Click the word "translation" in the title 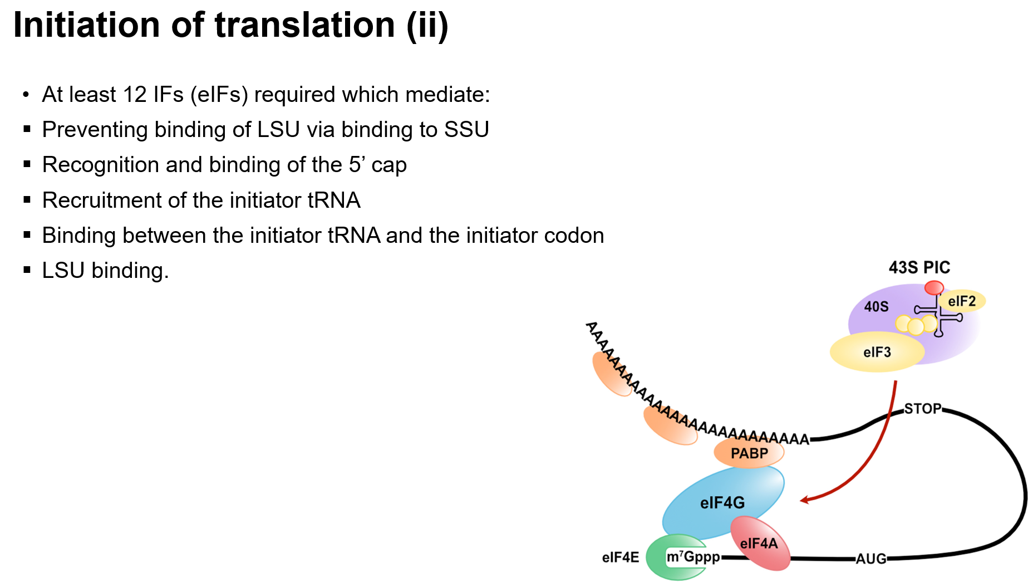[x=304, y=26]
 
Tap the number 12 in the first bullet [x=135, y=95]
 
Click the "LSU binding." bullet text [x=105, y=271]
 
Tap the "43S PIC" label [x=919, y=268]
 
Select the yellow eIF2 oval [x=962, y=301]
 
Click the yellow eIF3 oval [x=877, y=352]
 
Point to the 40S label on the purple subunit [x=876, y=307]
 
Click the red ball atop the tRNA [x=934, y=288]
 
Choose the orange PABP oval [x=749, y=453]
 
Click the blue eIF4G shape [x=722, y=502]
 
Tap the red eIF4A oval [x=759, y=543]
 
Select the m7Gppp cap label [x=693, y=556]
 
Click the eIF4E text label [x=620, y=557]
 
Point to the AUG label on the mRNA [x=871, y=559]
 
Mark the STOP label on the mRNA [x=923, y=409]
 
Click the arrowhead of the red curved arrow [x=804, y=500]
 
